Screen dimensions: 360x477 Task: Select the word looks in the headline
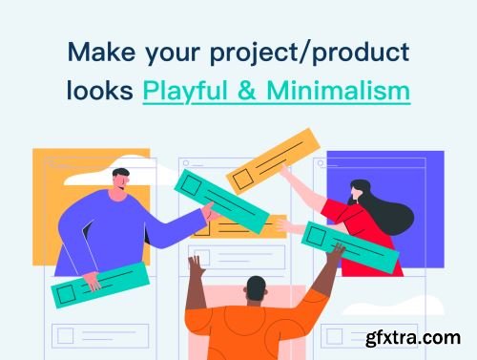pyautogui.click(x=98, y=92)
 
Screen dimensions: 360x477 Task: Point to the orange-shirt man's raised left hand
pyautogui.click(x=196, y=264)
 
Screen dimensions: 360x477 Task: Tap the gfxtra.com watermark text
pyautogui.click(x=421, y=339)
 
